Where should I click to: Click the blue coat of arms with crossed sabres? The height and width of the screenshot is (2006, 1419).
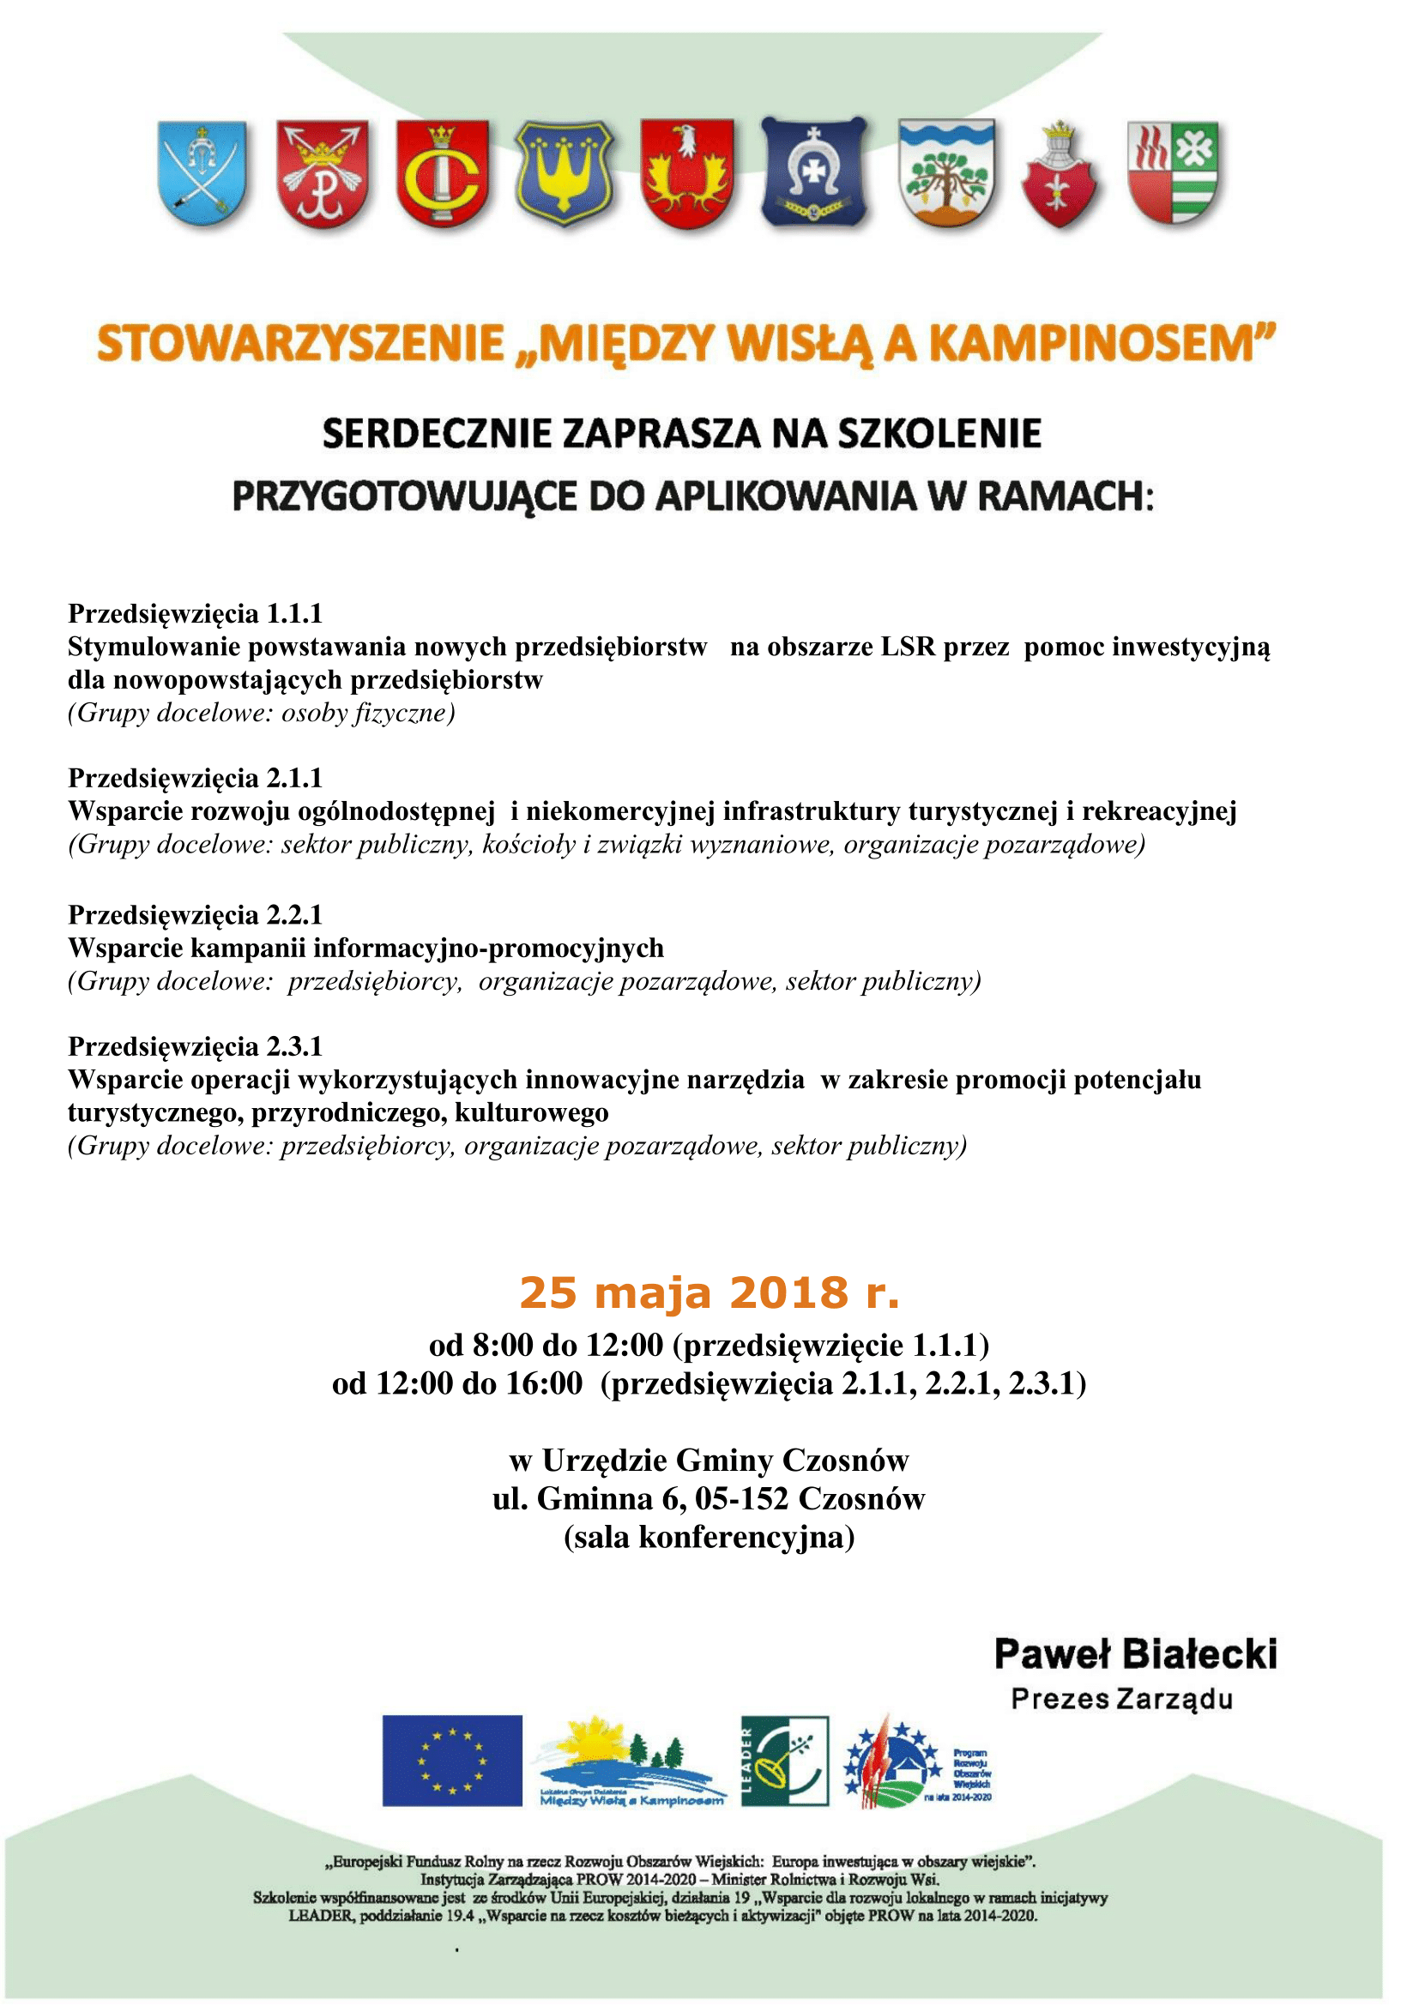click(x=202, y=174)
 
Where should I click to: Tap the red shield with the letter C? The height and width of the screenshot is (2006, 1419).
click(x=442, y=174)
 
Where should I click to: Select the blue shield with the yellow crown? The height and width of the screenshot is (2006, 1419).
click(x=565, y=172)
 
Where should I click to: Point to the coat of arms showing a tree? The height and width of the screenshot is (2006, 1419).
click(x=946, y=172)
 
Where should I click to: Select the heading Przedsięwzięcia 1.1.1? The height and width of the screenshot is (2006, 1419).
click(x=196, y=613)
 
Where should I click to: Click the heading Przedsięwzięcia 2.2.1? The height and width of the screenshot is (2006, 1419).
click(x=196, y=915)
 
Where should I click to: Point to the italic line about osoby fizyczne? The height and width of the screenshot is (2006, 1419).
click(x=263, y=713)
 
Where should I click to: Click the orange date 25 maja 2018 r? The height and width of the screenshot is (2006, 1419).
click(x=709, y=1293)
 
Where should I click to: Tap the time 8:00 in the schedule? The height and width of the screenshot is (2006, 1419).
click(x=503, y=1346)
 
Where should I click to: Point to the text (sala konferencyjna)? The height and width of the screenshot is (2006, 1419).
click(x=709, y=1537)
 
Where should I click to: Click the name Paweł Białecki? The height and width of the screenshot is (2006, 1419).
click(x=1135, y=1654)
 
